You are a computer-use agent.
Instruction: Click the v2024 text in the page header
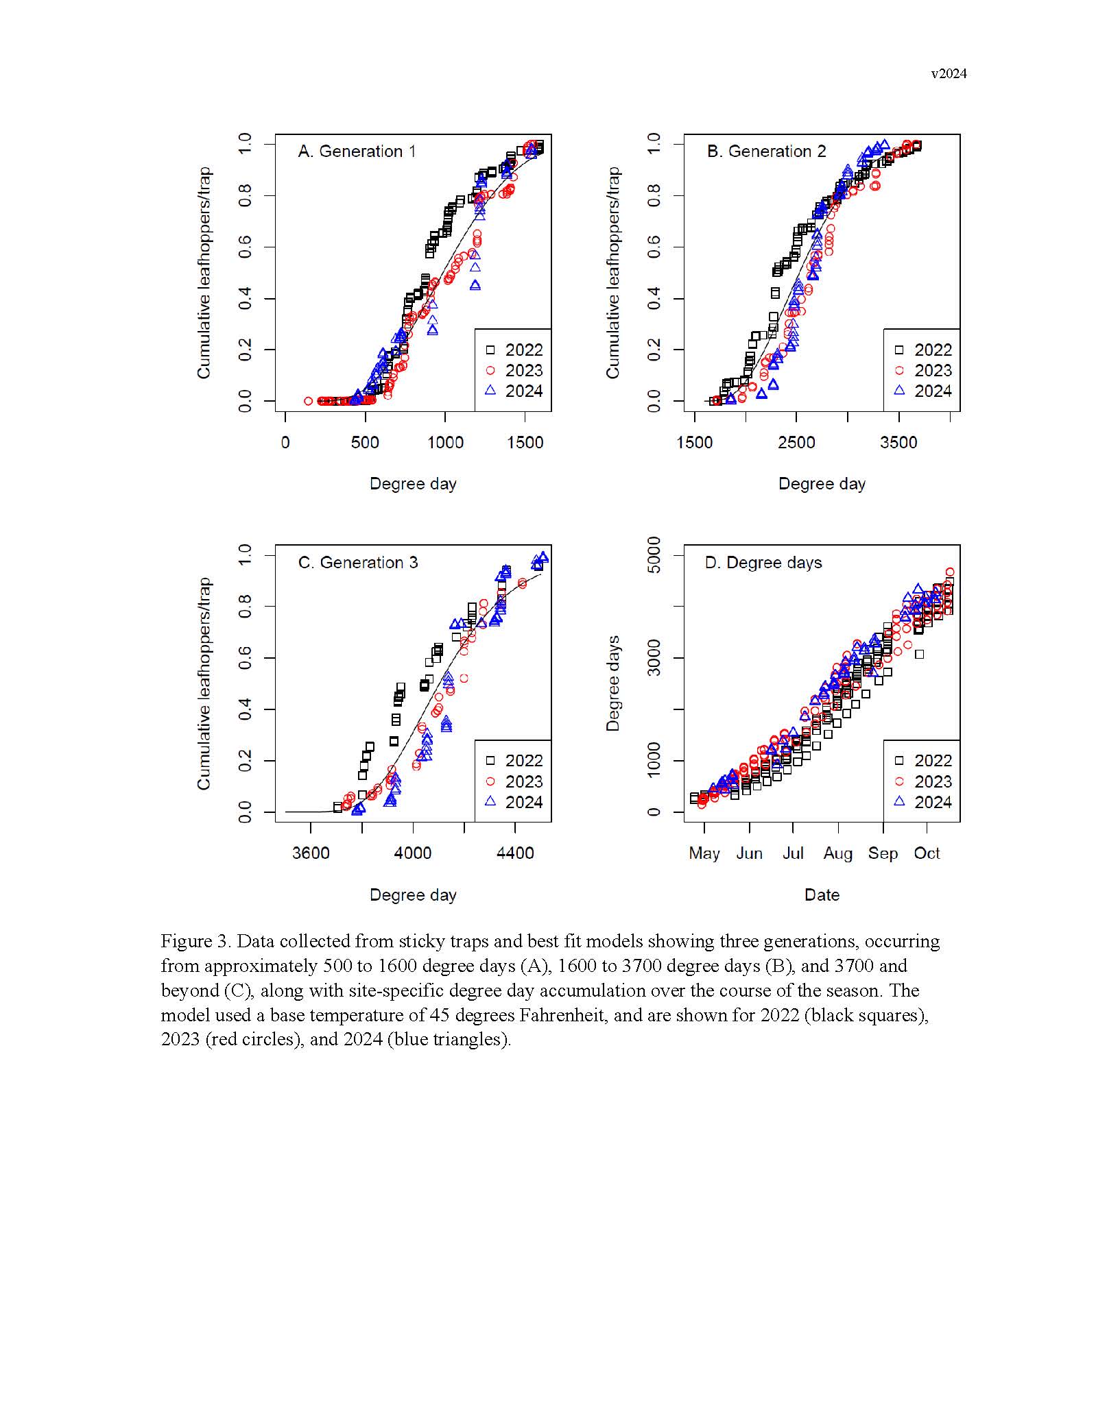point(948,74)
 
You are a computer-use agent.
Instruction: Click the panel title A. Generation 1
point(357,151)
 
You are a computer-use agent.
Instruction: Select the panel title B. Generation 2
point(766,151)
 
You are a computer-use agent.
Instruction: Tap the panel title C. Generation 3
point(357,563)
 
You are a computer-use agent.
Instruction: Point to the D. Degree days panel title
point(763,563)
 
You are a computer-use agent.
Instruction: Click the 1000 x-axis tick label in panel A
point(445,443)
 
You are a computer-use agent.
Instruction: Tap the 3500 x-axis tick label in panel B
point(898,443)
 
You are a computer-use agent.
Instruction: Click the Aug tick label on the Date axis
point(837,853)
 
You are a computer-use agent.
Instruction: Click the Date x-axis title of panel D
point(822,894)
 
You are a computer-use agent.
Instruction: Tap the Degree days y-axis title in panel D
point(612,683)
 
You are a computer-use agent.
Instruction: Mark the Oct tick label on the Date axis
point(927,853)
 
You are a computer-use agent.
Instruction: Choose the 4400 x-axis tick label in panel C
point(515,853)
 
